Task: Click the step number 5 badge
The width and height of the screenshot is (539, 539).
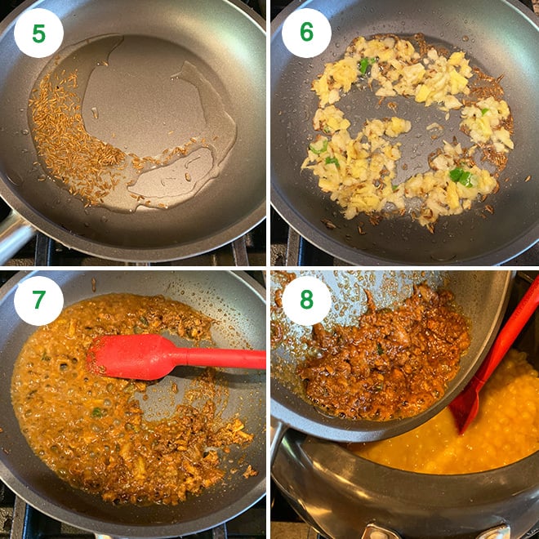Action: [x=38, y=33]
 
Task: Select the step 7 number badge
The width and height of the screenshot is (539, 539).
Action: [x=38, y=301]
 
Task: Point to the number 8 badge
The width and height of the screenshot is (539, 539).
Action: [x=306, y=301]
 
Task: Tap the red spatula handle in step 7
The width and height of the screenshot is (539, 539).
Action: [x=220, y=358]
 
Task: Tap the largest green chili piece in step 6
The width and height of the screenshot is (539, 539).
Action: [x=460, y=175]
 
